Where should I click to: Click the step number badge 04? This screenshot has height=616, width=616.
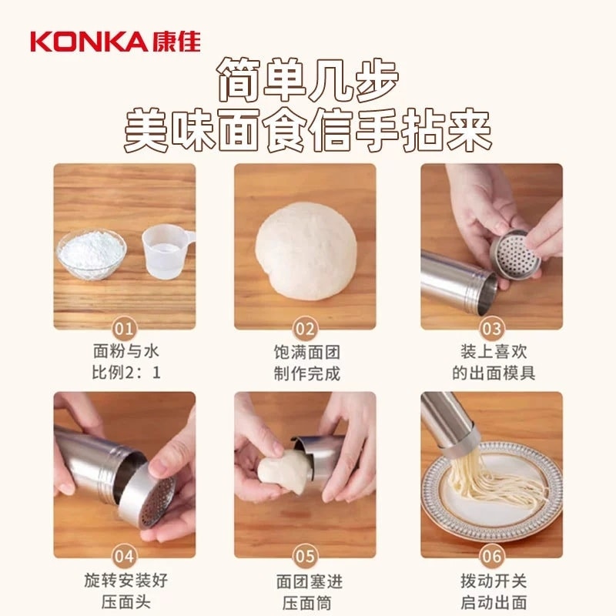125,556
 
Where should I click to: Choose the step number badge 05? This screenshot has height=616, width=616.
306,556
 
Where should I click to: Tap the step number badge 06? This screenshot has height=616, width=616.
491,556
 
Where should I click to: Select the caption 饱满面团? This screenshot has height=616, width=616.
307,353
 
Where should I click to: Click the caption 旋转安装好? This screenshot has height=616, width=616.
125,581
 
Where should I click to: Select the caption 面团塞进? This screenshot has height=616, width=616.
307,581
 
